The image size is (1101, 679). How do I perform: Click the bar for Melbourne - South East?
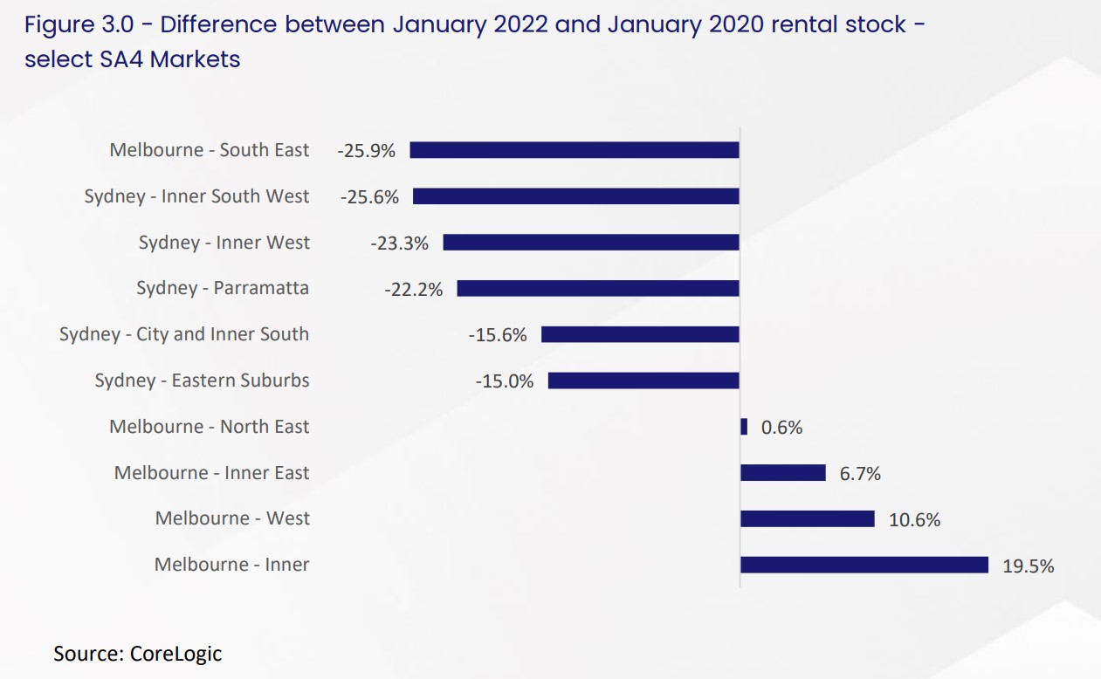coord(575,150)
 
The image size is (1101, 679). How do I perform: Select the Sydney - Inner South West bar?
coord(576,196)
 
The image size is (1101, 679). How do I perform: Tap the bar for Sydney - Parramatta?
coord(598,288)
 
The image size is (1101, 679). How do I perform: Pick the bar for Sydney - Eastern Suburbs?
coord(643,381)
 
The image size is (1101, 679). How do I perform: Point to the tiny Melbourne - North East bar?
coord(744,427)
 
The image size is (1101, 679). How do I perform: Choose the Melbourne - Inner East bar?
coord(783,473)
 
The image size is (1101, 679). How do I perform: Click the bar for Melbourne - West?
coord(808,519)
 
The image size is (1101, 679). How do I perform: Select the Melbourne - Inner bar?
coord(864,566)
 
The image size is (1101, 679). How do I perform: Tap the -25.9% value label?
coord(366,151)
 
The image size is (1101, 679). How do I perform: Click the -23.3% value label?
coord(399,243)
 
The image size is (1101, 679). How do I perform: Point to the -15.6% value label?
coord(498,335)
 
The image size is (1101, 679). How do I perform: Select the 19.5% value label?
coord(1028,566)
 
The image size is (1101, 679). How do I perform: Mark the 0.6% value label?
coord(781,428)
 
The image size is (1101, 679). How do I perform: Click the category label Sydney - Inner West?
coord(224,243)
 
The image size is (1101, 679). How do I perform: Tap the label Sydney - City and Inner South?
coord(184,334)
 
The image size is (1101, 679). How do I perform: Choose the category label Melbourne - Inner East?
coord(211,473)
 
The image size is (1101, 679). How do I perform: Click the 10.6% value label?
coord(914,520)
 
